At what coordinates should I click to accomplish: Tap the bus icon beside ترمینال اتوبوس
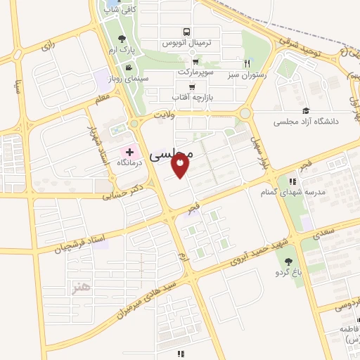click(x=186, y=32)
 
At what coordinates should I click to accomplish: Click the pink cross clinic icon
click(x=130, y=153)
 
